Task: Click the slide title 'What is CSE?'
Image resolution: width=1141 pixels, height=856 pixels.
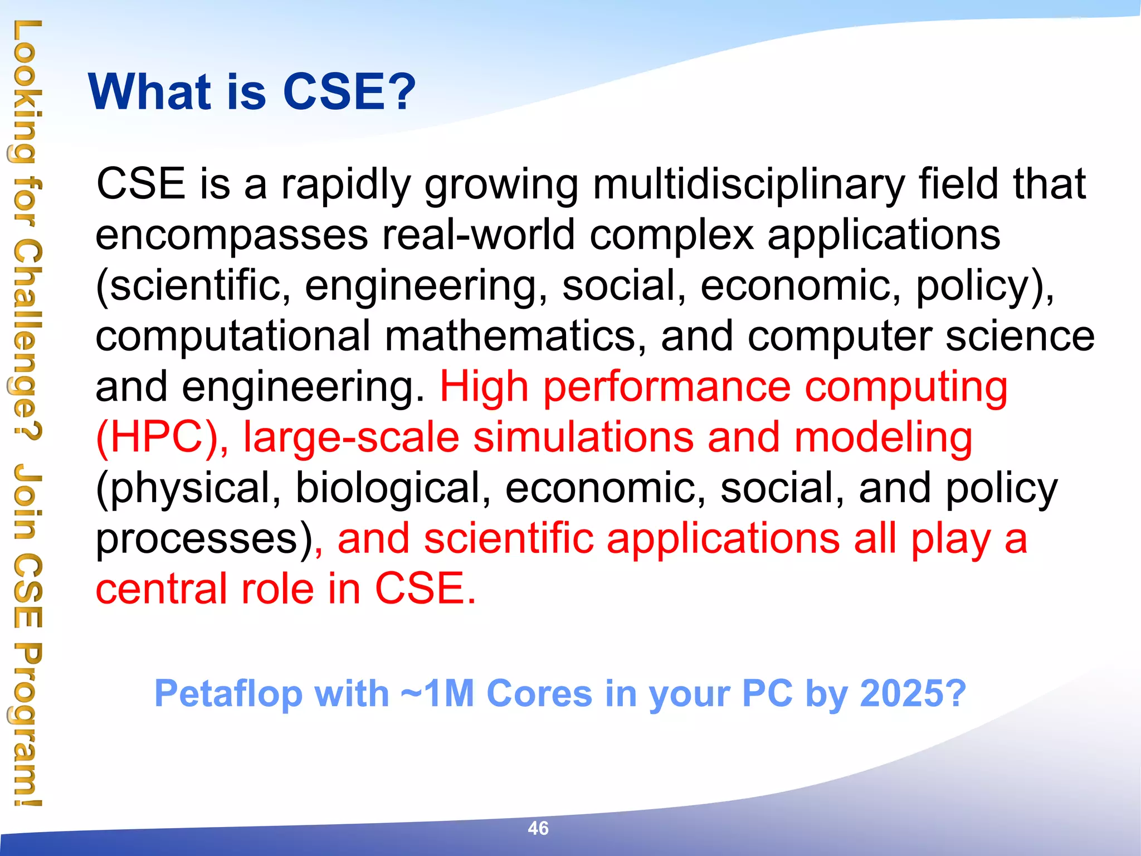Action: (x=252, y=92)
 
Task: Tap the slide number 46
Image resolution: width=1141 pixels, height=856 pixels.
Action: (x=538, y=828)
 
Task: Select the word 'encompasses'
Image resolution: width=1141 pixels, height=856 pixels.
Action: (x=231, y=235)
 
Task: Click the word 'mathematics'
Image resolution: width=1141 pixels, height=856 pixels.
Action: (x=510, y=336)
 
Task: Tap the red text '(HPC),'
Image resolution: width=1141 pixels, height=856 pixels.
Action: (x=162, y=437)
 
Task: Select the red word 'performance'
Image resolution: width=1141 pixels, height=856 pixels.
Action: (x=667, y=387)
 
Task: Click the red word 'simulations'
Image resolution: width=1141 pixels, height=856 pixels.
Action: (x=583, y=437)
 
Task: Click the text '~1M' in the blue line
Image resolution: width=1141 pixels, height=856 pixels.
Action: (x=437, y=694)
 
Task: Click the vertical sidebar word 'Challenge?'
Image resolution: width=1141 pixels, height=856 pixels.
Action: (x=25, y=340)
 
